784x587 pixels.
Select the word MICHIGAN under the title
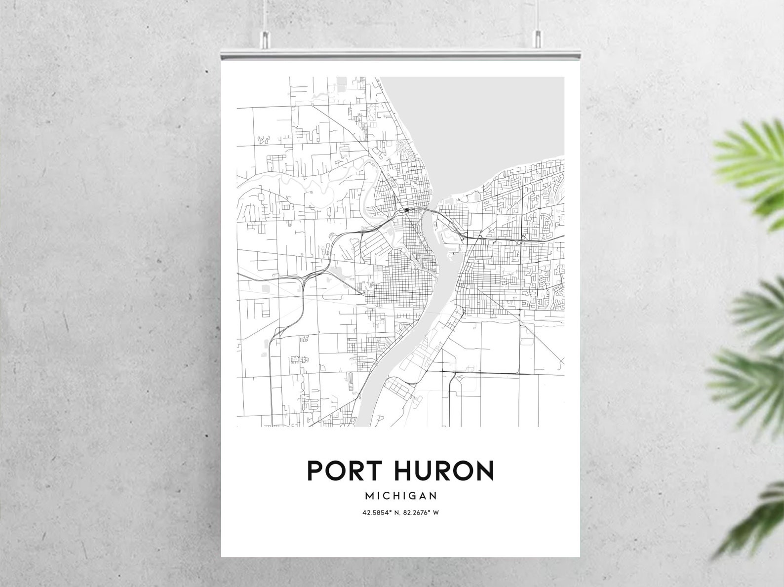point(400,495)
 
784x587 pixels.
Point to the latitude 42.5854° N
point(381,512)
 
